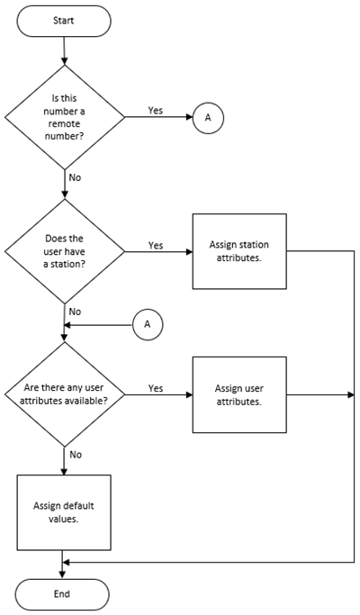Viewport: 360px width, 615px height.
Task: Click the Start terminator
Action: coord(64,21)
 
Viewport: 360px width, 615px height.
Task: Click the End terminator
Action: coord(62,594)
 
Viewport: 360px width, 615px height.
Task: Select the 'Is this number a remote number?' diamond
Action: coord(64,117)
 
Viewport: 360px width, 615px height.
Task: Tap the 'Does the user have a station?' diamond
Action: coord(64,251)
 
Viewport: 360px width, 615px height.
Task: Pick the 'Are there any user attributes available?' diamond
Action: coord(64,394)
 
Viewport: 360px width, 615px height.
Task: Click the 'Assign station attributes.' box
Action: coord(239,251)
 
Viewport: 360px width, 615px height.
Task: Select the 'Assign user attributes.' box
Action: coord(239,394)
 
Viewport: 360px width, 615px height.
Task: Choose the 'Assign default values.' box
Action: coord(64,512)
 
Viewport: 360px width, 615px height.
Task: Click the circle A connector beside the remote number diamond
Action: coord(208,117)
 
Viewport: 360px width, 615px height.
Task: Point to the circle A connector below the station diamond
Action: coord(148,325)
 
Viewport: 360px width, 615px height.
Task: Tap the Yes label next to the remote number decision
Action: coord(156,111)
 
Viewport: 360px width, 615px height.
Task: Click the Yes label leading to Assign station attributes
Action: coord(156,245)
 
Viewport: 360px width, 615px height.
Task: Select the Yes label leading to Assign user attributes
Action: coord(156,388)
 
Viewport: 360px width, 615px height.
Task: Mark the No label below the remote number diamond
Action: coord(75,177)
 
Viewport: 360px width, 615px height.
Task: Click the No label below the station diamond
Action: coord(75,312)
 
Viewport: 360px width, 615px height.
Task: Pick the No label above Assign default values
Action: coord(76,455)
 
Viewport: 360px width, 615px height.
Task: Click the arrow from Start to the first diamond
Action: coord(64,51)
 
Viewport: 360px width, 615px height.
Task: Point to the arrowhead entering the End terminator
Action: coord(63,575)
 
